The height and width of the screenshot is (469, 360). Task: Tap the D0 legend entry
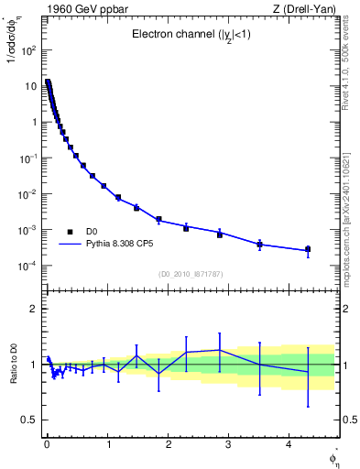[x=92, y=232]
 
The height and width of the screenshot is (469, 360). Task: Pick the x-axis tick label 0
[x=47, y=444]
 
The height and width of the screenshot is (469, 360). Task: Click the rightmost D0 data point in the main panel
[x=308, y=249]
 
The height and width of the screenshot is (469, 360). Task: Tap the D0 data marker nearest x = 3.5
[x=259, y=245]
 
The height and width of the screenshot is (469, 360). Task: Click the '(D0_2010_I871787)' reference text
[x=190, y=274]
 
